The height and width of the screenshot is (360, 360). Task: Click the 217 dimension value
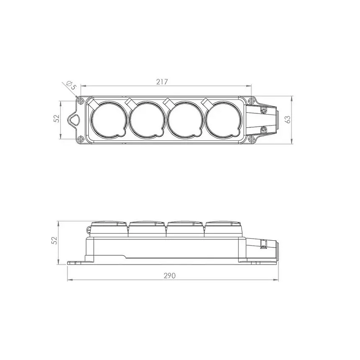[162, 82]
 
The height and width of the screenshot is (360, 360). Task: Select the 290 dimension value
[170, 275]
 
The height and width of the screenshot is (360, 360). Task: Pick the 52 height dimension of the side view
[54, 240]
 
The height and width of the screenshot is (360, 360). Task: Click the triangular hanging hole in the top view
[74, 119]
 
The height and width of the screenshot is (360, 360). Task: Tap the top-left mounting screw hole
[81, 101]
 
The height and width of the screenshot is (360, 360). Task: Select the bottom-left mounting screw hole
[81, 139]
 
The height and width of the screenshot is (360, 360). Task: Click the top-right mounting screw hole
[252, 101]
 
